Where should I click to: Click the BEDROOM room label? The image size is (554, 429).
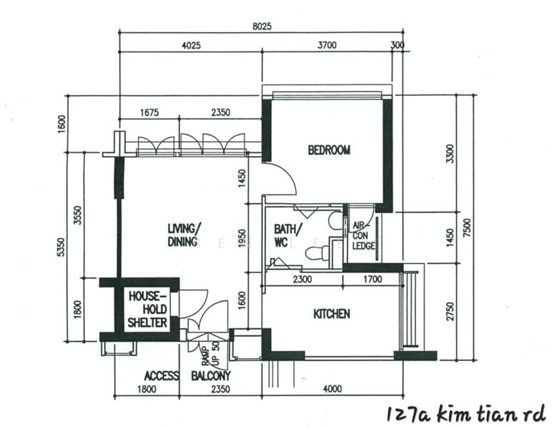point(329,150)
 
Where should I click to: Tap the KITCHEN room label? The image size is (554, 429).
point(332,314)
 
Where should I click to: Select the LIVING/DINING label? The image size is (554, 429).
point(184,235)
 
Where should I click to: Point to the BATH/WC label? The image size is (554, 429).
point(288,235)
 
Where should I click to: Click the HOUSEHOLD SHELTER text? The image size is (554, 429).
point(147,309)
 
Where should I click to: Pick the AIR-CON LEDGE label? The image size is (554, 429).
point(362,235)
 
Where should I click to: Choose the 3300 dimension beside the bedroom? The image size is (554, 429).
point(449,154)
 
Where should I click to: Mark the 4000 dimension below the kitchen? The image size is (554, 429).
point(333,389)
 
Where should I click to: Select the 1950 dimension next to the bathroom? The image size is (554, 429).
point(242,238)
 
